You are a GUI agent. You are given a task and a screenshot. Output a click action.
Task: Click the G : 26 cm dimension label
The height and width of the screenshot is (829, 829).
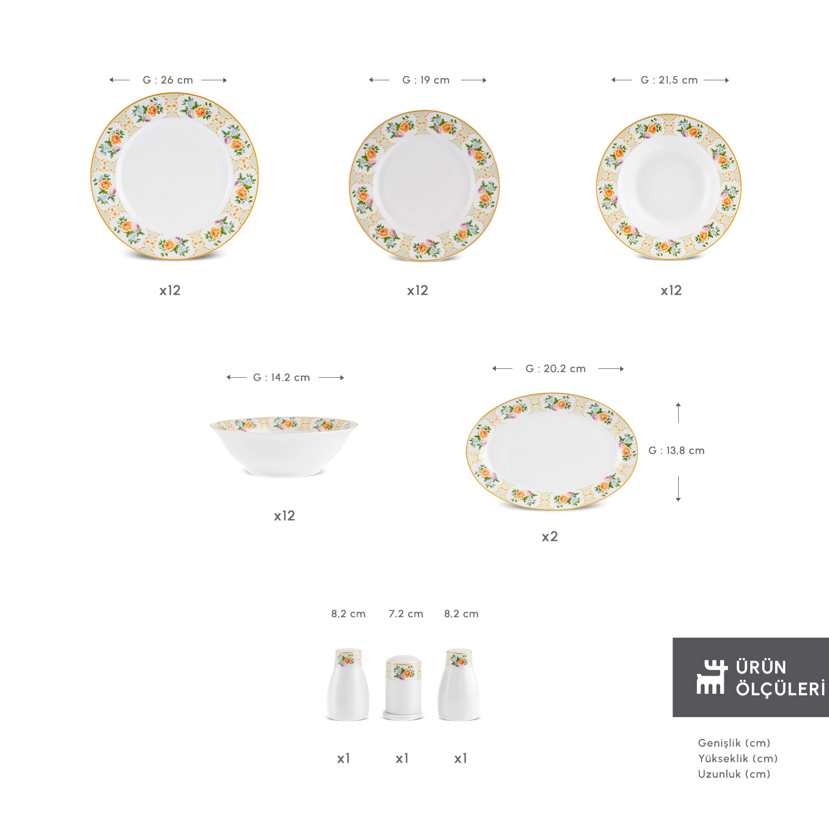[x=168, y=80]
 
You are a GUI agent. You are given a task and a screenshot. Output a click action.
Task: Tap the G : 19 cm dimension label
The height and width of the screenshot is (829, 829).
[x=426, y=80]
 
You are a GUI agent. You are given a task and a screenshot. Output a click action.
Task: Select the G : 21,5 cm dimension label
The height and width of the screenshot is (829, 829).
[x=669, y=80]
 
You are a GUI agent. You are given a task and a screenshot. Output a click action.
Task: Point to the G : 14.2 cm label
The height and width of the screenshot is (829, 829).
[x=281, y=378]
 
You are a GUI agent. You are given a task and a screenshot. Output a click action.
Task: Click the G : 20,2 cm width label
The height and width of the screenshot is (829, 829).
[x=555, y=369]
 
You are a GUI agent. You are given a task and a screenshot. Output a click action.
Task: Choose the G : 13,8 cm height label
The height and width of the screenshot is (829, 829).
[x=677, y=451]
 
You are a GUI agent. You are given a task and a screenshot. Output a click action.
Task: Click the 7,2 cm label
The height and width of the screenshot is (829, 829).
[x=406, y=614]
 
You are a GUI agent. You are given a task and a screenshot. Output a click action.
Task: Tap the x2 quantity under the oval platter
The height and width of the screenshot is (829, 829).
[x=550, y=537]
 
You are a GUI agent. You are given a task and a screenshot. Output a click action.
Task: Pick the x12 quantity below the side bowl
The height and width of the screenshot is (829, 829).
[x=284, y=516]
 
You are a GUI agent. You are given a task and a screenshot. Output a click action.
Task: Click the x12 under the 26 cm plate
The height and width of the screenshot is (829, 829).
[x=170, y=291]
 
